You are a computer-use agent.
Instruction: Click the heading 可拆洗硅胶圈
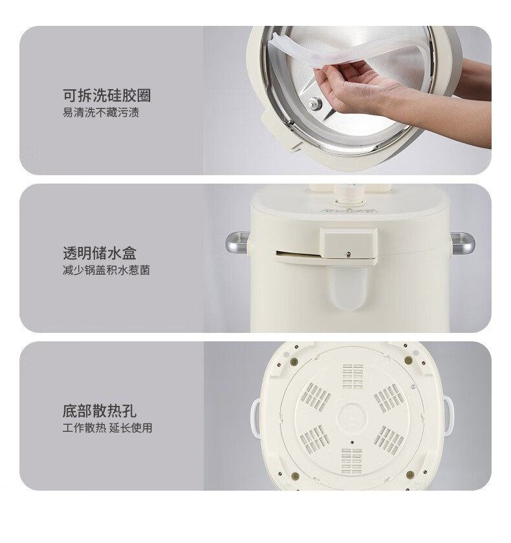[107, 96]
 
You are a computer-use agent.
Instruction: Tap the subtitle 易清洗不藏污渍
[101, 112]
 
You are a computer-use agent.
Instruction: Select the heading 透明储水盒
[100, 253]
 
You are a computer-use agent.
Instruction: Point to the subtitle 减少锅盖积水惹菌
[106, 270]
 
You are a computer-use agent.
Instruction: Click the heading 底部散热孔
[100, 411]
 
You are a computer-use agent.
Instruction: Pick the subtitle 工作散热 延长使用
[107, 428]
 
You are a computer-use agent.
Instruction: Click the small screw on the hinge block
[349, 254]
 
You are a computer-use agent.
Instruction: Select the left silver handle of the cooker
[237, 243]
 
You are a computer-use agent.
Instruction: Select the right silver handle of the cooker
[462, 243]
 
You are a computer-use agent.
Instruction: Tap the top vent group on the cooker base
[353, 376]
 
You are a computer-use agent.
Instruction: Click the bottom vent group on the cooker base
[352, 461]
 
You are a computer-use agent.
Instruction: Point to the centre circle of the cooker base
[352, 417]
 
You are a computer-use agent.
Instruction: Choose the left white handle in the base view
[255, 418]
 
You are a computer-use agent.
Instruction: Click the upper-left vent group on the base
[315, 397]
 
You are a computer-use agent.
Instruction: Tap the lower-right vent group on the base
[389, 440]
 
